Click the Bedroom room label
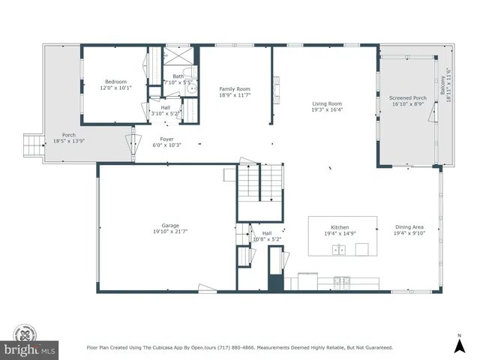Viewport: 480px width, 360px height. (115, 82)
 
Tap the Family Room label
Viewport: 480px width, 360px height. (233, 89)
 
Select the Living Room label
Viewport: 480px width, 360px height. (327, 104)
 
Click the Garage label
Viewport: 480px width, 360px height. (170, 225)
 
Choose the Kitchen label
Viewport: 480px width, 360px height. (340, 228)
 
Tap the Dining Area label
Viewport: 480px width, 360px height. (409, 228)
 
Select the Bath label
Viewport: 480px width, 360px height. (178, 76)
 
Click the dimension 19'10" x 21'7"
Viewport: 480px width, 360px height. (170, 232)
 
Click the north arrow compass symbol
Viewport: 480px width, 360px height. (459, 344)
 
